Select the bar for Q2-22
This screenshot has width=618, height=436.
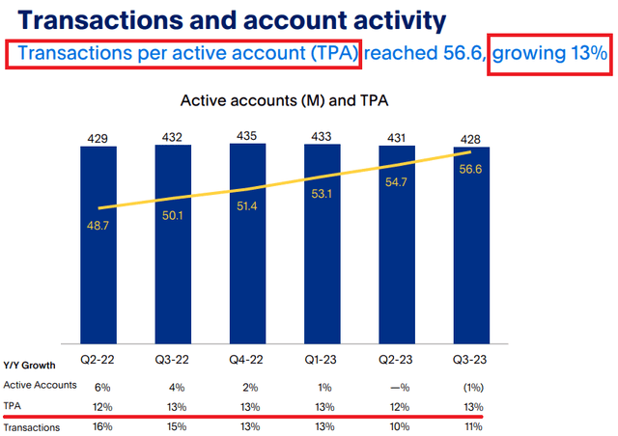click(x=98, y=241)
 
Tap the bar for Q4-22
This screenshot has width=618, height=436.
click(x=246, y=241)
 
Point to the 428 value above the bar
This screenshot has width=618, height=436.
click(x=470, y=136)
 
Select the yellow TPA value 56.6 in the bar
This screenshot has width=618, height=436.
click(x=470, y=171)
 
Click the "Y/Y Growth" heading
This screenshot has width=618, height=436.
click(x=29, y=366)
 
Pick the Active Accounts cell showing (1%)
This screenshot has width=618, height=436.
click(x=470, y=385)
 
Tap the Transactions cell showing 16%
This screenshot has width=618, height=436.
click(x=98, y=427)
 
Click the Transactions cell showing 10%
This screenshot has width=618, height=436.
click(x=396, y=427)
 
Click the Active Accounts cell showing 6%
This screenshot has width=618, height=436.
click(x=98, y=385)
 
